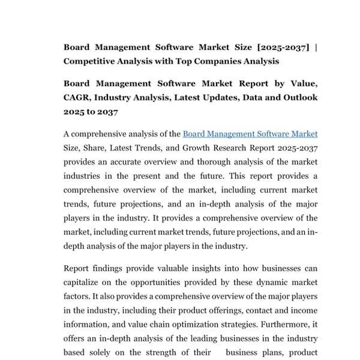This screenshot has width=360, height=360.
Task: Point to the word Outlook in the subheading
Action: click(x=296, y=97)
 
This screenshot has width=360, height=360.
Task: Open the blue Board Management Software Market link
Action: click(x=250, y=134)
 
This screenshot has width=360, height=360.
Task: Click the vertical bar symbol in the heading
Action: click(x=316, y=47)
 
